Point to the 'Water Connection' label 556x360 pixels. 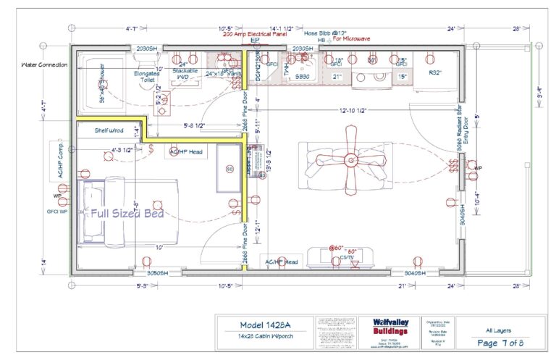click(x=45, y=64)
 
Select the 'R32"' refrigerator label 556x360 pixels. click(x=436, y=72)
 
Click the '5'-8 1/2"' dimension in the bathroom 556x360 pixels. click(x=190, y=125)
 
